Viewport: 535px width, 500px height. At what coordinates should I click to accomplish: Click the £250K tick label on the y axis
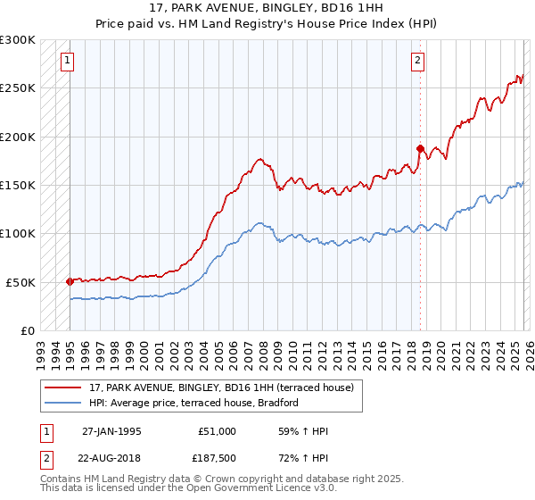(18, 88)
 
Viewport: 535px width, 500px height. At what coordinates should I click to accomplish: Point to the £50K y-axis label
(21, 282)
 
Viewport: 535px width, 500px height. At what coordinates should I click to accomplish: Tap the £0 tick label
(28, 330)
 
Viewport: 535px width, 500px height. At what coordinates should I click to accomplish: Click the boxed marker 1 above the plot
(68, 61)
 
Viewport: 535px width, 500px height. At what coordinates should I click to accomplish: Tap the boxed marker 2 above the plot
(417, 61)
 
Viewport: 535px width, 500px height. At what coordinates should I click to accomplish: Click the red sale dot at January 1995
(70, 280)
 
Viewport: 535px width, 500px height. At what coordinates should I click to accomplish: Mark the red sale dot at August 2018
(419, 148)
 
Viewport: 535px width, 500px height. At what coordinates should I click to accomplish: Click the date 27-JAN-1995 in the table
(111, 431)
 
